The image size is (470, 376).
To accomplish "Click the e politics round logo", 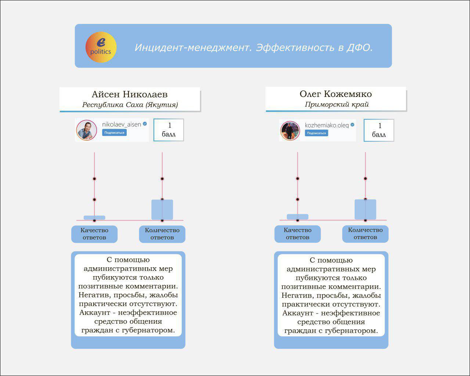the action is (101, 47).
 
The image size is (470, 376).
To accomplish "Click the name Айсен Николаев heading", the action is (130, 94).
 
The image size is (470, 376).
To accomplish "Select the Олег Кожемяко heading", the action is (336, 94).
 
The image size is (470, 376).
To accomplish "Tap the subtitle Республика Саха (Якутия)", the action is (130, 105).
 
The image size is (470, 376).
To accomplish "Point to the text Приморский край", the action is (337, 104).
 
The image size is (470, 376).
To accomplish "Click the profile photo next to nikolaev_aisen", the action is (87, 130).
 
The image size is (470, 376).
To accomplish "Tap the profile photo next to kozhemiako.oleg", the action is (290, 131).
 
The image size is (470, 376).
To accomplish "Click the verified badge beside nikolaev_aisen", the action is (145, 124).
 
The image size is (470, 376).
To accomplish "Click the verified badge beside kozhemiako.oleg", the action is (352, 125).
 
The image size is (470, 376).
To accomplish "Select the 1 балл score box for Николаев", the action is (169, 130).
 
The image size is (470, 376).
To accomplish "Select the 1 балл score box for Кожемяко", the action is (379, 130).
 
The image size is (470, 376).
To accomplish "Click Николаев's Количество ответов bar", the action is (162, 210).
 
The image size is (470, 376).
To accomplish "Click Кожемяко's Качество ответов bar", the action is (297, 217).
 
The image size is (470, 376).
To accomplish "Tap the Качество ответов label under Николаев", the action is (94, 234).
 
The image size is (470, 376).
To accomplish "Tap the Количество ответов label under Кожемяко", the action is (365, 234).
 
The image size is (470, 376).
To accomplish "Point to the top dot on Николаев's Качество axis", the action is (94, 179).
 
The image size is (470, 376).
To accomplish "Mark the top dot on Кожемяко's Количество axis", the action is (365, 178).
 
